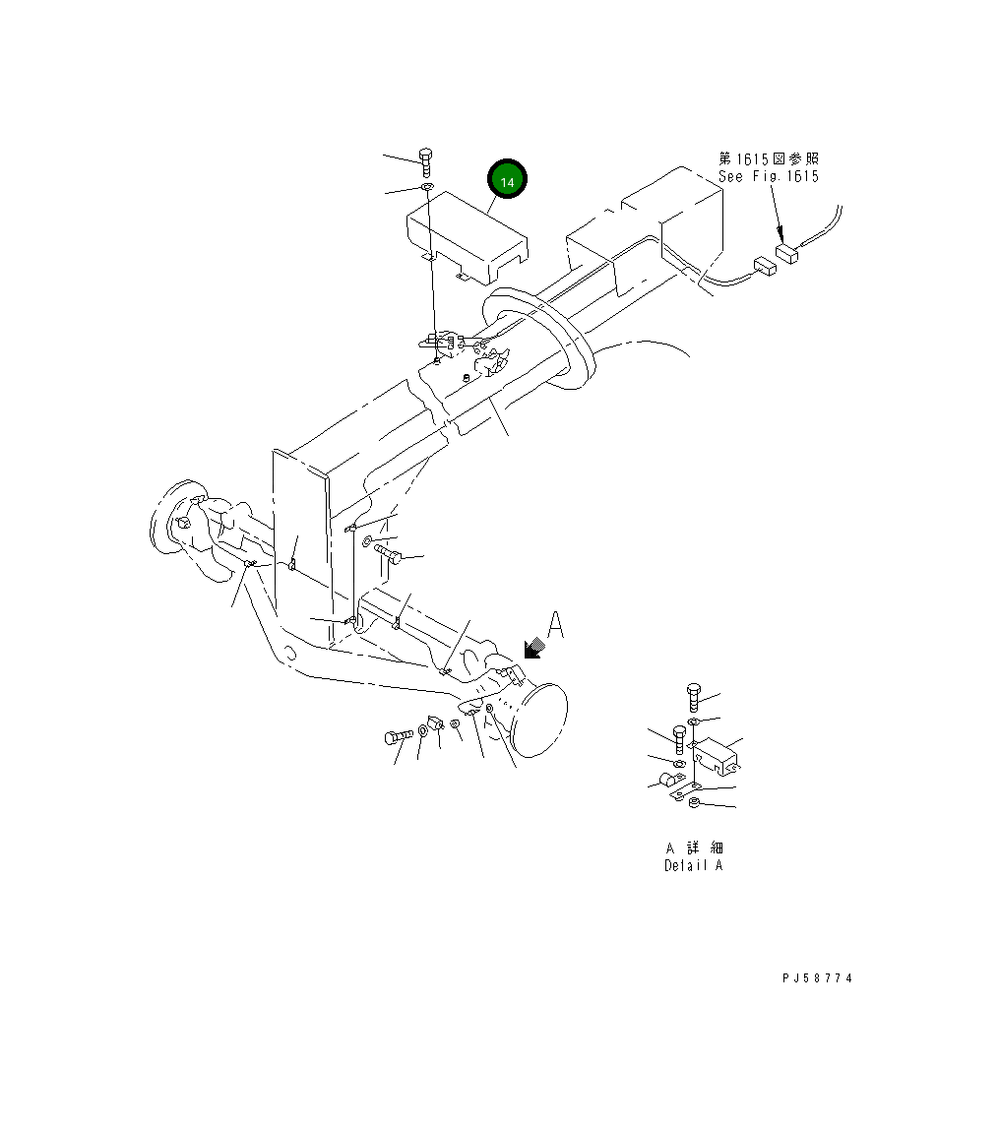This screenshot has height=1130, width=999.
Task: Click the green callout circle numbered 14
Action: click(507, 181)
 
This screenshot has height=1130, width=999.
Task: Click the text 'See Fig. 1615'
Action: click(768, 176)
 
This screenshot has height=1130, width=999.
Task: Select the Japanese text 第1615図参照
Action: click(768, 158)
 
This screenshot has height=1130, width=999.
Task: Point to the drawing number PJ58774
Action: click(817, 978)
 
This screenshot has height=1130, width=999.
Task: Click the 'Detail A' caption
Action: click(693, 866)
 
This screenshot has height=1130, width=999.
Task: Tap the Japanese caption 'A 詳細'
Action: click(695, 847)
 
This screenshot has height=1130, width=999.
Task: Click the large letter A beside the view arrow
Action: click(555, 626)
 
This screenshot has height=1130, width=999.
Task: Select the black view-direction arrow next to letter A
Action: click(534, 647)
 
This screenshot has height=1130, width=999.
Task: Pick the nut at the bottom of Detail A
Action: click(694, 803)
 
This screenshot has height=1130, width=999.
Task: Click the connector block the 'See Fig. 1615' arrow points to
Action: click(787, 255)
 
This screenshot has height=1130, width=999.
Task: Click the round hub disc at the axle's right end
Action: click(541, 722)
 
